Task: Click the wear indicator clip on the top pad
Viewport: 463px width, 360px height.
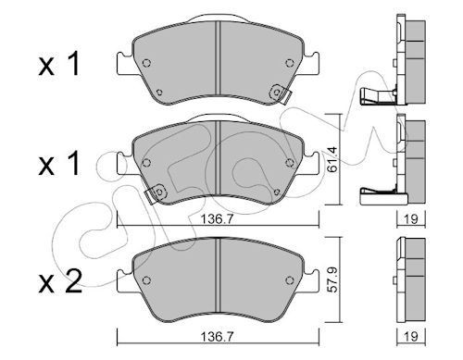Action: pos(275,93)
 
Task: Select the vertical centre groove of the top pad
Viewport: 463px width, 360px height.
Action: pos(216,63)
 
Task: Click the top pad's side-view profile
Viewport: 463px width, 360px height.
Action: pos(406,61)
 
